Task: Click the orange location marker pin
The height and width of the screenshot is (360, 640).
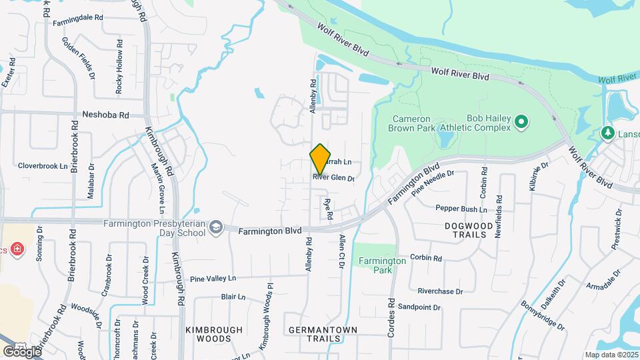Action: (x=320, y=160)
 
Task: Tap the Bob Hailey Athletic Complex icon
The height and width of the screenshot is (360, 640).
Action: (x=522, y=122)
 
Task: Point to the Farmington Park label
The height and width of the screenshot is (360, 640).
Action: (x=380, y=265)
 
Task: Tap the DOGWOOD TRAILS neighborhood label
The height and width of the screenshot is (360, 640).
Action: (x=473, y=231)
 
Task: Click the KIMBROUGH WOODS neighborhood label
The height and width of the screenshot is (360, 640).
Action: (x=208, y=334)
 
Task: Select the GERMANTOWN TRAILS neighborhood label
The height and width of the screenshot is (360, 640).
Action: (x=323, y=334)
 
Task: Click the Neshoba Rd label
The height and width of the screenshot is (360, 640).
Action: (x=105, y=115)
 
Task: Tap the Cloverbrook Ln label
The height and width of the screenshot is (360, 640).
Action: (x=43, y=165)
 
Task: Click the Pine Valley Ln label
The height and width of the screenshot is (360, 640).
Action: (x=213, y=278)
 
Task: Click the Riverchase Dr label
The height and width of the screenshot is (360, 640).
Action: (x=440, y=291)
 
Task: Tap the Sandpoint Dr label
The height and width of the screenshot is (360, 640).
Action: (x=419, y=307)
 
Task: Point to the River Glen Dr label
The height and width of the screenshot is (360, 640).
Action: (x=333, y=178)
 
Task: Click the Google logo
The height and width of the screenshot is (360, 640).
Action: (x=22, y=351)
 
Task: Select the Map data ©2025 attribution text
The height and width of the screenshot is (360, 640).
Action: (x=610, y=355)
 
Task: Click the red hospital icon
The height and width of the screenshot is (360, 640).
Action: (x=16, y=249)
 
